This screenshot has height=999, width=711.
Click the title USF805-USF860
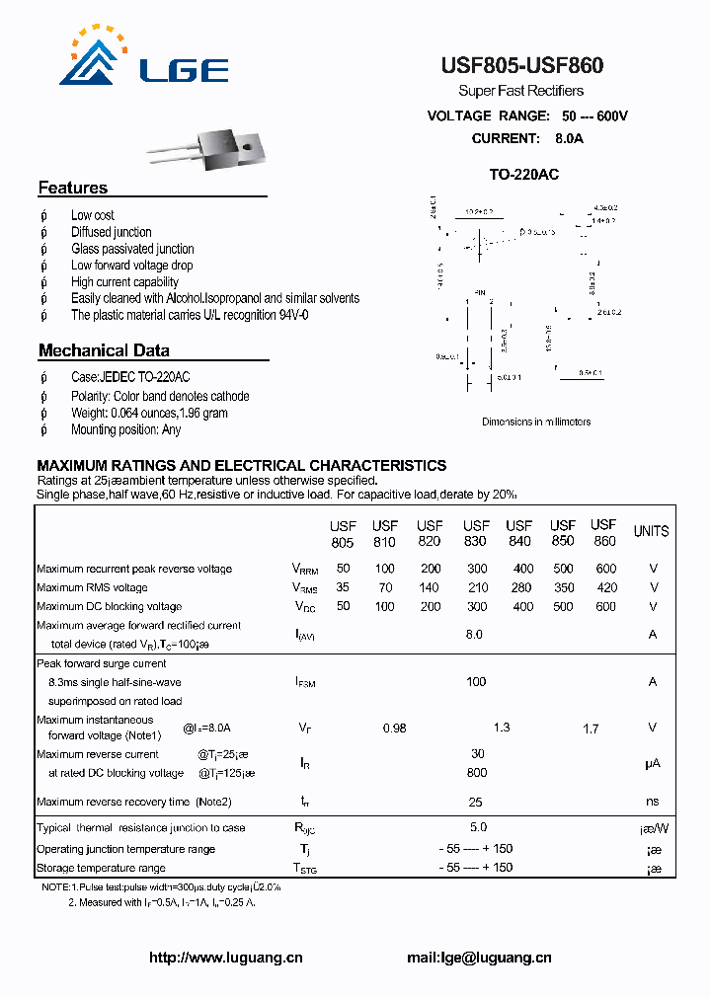[521, 66]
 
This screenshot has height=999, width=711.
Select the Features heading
[73, 188]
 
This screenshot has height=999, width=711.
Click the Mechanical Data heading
[104, 350]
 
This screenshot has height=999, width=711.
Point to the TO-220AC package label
[524, 175]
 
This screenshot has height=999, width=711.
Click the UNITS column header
[651, 531]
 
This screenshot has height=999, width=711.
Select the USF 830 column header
[476, 533]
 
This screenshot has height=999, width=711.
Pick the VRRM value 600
[605, 569]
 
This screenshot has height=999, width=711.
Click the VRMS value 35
[343, 587]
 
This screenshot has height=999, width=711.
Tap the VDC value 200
[431, 606]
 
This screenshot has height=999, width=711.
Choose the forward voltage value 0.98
[394, 729]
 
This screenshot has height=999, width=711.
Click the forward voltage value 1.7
[591, 729]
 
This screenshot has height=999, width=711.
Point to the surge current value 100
[476, 681]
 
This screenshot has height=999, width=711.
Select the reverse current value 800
[476, 773]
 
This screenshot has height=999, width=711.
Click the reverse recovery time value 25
[476, 802]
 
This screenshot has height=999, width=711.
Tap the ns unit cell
[653, 802]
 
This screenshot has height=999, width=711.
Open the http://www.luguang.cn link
[225, 958]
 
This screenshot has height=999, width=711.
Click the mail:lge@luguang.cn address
[479, 958]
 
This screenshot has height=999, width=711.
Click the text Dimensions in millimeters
[536, 422]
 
